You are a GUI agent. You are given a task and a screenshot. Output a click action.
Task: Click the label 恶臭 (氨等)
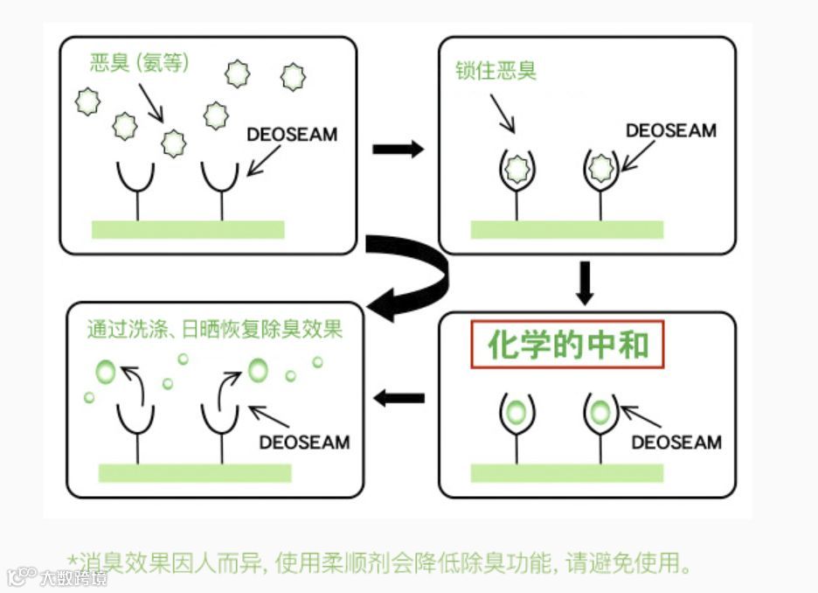pyautogui.click(x=139, y=63)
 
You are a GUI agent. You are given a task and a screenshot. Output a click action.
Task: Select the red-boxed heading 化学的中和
pyautogui.click(x=567, y=345)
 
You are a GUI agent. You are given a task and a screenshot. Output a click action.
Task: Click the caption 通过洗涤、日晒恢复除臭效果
pyautogui.click(x=214, y=329)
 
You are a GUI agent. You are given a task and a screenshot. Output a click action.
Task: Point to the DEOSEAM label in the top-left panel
pyautogui.click(x=292, y=135)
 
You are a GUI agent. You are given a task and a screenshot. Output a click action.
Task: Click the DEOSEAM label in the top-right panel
pyautogui.click(x=670, y=131)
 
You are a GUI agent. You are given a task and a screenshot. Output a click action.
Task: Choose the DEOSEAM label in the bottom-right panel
pyautogui.click(x=676, y=442)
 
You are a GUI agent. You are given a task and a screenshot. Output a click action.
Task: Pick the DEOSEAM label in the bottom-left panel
pyautogui.click(x=304, y=442)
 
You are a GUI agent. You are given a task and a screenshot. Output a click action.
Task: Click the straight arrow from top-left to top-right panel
pyautogui.click(x=398, y=150)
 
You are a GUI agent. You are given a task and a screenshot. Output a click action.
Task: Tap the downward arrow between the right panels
pyautogui.click(x=585, y=283)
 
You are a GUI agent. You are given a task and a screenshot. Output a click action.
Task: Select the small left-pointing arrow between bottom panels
pyautogui.click(x=399, y=399)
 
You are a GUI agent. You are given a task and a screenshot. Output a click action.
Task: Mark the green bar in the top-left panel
pyautogui.click(x=188, y=229)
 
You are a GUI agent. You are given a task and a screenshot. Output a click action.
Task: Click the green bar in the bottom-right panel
pyautogui.click(x=566, y=473)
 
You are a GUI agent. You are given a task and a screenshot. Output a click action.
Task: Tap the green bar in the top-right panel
pyautogui.click(x=566, y=229)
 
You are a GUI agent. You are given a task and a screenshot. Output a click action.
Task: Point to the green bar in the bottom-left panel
pyautogui.click(x=194, y=473)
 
